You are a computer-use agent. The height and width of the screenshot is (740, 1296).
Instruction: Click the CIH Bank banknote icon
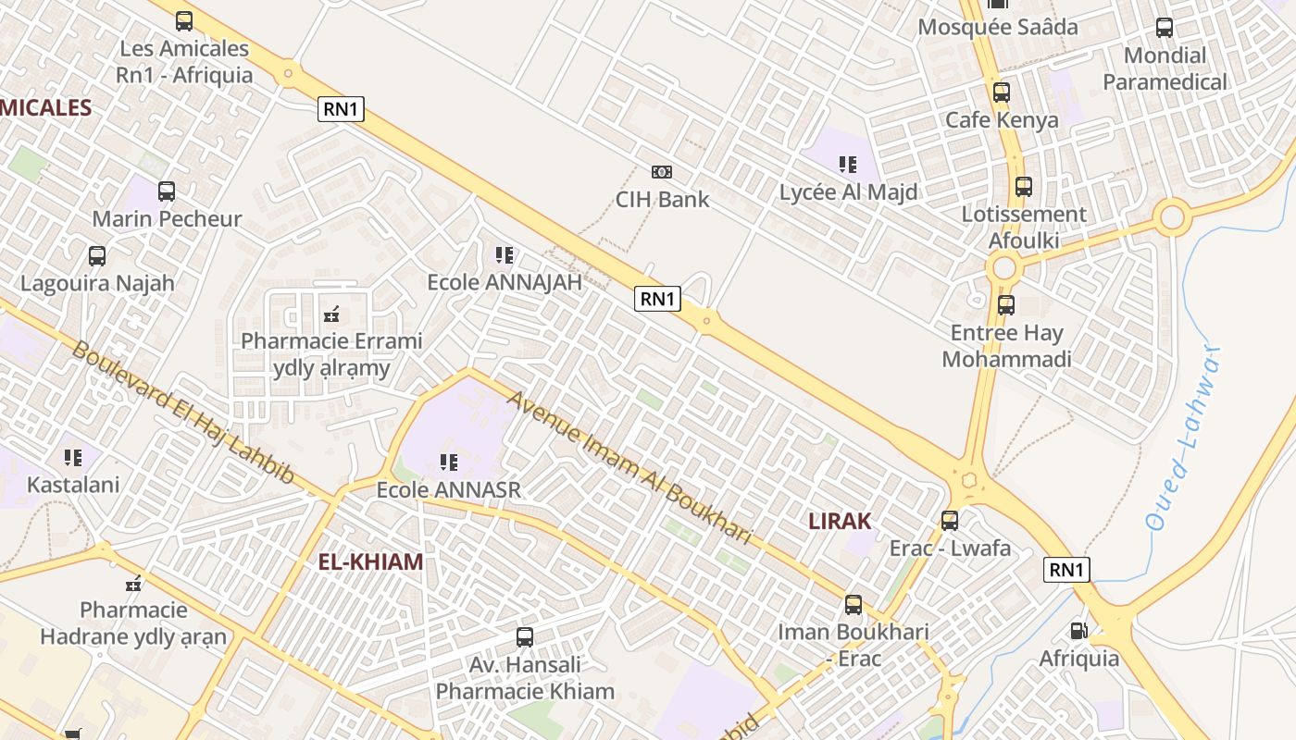[661, 172]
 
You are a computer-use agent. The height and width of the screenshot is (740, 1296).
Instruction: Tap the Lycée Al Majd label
[848, 192]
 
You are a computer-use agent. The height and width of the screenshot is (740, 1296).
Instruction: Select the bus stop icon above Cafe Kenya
[1001, 92]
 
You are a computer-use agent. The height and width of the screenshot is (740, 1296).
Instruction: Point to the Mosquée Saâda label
[997, 27]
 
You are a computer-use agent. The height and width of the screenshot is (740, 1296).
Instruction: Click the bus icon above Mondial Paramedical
[1164, 28]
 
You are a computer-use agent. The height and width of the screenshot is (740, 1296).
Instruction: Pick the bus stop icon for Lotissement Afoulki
[1023, 187]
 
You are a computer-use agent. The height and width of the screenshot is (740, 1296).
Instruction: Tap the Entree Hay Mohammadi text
[1006, 346]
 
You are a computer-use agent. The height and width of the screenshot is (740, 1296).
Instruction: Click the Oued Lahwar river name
[1184, 438]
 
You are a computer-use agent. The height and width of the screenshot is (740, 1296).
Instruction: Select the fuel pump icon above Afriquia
[1078, 631]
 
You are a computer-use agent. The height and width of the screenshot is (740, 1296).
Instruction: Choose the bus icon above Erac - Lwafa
[950, 520]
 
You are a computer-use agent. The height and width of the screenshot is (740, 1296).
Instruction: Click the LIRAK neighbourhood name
[840, 521]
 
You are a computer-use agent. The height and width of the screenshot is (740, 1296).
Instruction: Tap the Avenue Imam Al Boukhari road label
[630, 468]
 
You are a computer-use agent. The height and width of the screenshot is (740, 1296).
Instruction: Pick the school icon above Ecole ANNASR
[449, 462]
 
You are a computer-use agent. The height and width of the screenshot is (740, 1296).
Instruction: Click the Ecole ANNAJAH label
[505, 282]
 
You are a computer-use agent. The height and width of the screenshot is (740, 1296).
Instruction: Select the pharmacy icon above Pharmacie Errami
[331, 314]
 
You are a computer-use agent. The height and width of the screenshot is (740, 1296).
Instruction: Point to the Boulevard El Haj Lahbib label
[182, 413]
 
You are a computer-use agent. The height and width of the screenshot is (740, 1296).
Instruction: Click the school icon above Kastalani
[73, 457]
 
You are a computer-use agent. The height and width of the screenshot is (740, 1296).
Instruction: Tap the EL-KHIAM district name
[370, 561]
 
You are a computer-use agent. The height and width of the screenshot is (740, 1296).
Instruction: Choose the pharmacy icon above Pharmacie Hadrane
[133, 584]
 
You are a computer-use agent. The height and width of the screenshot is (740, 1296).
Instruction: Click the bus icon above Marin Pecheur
[167, 191]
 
